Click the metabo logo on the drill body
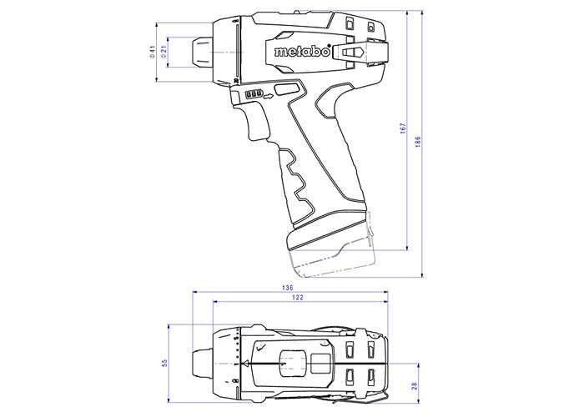[x=302, y=52]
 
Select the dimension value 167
[x=403, y=128]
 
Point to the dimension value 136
[x=288, y=288]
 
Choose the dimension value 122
[x=298, y=298]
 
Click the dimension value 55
[x=165, y=362]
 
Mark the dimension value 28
[x=415, y=386]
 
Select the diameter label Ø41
[x=152, y=52]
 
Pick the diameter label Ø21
[x=164, y=52]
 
